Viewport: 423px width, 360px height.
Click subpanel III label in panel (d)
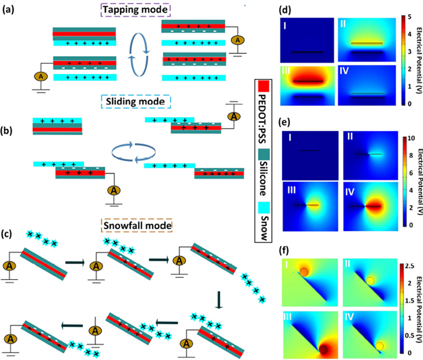pos(288,72)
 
